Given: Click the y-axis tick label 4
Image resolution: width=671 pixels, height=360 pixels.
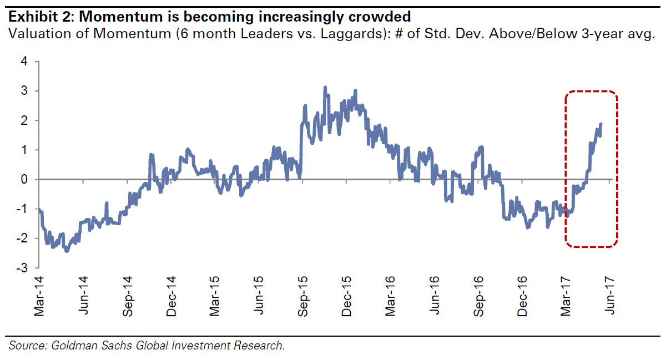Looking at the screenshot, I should (x=23, y=62).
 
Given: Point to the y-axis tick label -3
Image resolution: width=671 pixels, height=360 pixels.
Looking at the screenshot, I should (x=22, y=268).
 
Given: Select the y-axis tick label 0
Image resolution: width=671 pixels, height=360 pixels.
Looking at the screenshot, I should (x=23, y=179).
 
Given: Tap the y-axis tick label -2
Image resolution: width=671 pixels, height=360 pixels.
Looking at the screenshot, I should (x=22, y=239).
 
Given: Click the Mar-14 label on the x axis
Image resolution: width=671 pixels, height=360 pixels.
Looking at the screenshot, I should (x=39, y=296).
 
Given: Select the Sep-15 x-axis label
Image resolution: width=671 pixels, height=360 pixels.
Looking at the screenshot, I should (x=303, y=296).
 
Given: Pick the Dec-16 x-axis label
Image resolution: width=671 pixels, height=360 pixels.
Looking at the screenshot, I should (x=522, y=296).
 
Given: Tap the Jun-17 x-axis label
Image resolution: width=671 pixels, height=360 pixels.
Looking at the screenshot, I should (x=610, y=296).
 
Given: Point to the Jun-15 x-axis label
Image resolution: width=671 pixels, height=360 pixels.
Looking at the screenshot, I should (x=259, y=296).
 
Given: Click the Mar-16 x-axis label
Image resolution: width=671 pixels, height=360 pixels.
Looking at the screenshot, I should (x=391, y=296).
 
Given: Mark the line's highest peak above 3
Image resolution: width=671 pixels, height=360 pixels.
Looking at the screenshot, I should (x=325, y=87).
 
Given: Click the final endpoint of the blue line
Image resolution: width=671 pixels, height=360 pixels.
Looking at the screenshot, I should (x=601, y=124).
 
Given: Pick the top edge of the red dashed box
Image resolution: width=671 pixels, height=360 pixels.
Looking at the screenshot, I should (x=591, y=91).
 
